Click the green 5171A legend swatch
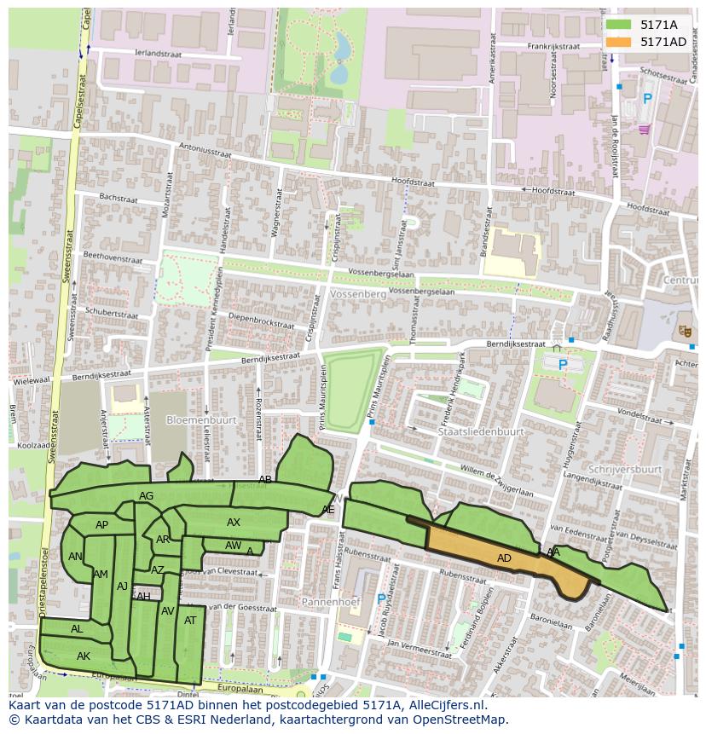point(618,25)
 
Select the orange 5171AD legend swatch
point(618,42)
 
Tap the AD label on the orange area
point(504,558)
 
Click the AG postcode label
point(146,496)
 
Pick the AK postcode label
point(83,656)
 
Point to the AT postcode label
point(190,621)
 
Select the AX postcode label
point(234,523)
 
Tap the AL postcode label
point(77,629)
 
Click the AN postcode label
point(75,557)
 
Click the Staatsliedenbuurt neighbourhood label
point(480,432)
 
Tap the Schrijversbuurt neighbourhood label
point(630,469)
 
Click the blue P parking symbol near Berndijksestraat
point(562,365)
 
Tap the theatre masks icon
point(684,330)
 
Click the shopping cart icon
point(644,129)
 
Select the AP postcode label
point(101,525)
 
